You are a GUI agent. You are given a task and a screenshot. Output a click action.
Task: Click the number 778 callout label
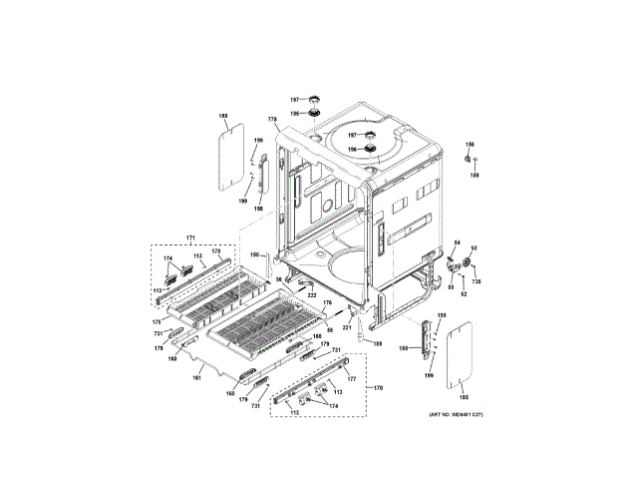click(273, 121)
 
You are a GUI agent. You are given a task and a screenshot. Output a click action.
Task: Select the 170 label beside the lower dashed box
click(377, 387)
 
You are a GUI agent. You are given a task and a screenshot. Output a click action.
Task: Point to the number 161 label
click(196, 377)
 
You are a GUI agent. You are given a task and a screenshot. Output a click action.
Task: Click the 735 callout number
click(476, 283)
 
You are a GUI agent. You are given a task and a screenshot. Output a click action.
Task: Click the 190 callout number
click(254, 256)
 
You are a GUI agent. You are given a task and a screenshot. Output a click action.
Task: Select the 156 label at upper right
click(472, 144)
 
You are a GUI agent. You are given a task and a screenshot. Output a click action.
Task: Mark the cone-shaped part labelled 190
click(266, 268)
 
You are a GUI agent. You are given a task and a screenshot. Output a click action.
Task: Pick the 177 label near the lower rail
click(351, 379)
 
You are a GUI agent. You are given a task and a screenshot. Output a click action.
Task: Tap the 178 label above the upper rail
click(217, 252)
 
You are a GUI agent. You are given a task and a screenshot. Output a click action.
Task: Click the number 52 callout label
click(464, 293)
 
